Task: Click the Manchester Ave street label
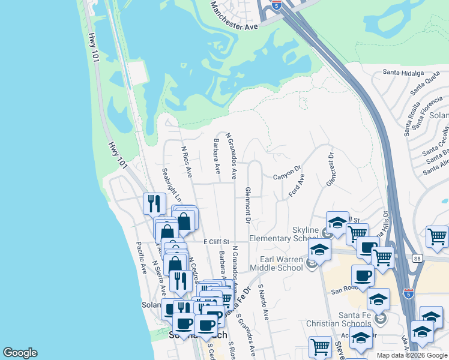click(234, 17)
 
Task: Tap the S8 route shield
click(417, 258)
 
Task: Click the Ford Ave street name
click(297, 186)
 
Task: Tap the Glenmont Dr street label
click(247, 205)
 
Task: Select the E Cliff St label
click(217, 241)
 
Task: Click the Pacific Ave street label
click(142, 258)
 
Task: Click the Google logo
click(20, 353)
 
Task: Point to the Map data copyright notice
click(412, 355)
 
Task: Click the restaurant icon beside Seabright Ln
click(154, 203)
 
